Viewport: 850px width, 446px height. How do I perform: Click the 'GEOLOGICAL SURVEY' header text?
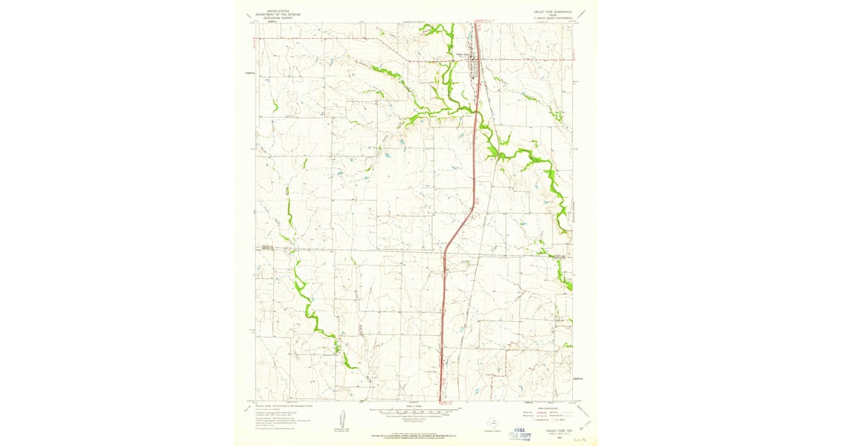(x=278, y=17)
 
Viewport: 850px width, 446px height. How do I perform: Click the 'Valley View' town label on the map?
(x=463, y=55)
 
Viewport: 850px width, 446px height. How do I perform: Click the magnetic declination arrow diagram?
(x=341, y=418)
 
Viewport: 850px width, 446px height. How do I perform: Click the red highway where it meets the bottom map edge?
(x=440, y=401)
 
